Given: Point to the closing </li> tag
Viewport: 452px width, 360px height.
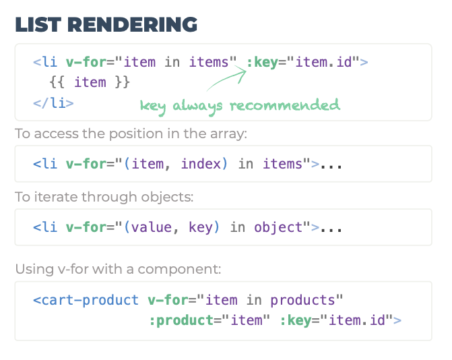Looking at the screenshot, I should pyautogui.click(x=53, y=102).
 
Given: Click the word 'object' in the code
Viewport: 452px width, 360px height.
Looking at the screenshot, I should pyautogui.click(x=278, y=227).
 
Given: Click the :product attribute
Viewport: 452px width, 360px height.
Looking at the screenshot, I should pyautogui.click(x=179, y=320).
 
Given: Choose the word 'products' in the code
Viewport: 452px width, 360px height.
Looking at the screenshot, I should pyautogui.click(x=302, y=300).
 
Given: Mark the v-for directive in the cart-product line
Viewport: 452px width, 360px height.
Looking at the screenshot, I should pyautogui.click(x=168, y=300).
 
